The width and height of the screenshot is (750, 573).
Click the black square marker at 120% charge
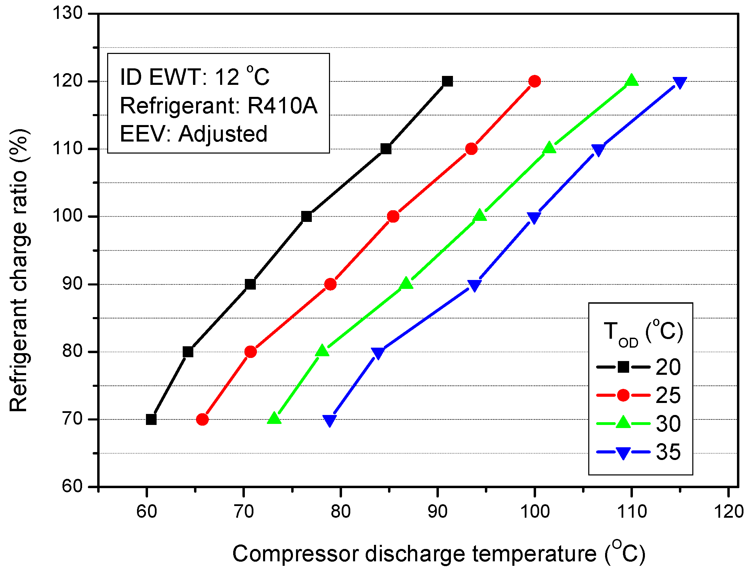pos(447,81)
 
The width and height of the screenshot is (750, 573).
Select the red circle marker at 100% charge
pos(393,216)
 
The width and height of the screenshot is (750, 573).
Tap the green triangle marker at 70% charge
pos(274,418)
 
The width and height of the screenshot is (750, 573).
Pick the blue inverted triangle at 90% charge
pos(474,285)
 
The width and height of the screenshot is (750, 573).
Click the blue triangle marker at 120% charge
pos(680,82)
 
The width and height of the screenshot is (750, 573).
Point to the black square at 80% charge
pos(188,352)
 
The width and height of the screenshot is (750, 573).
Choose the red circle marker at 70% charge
pos(202,419)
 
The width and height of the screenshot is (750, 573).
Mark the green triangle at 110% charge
pos(549,148)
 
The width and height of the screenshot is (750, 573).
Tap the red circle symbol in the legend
pos(623,395)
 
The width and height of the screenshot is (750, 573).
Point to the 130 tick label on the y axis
pos(67,13)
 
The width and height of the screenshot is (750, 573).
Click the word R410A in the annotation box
pos(282,105)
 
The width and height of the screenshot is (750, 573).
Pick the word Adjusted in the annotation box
pos(223,134)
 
